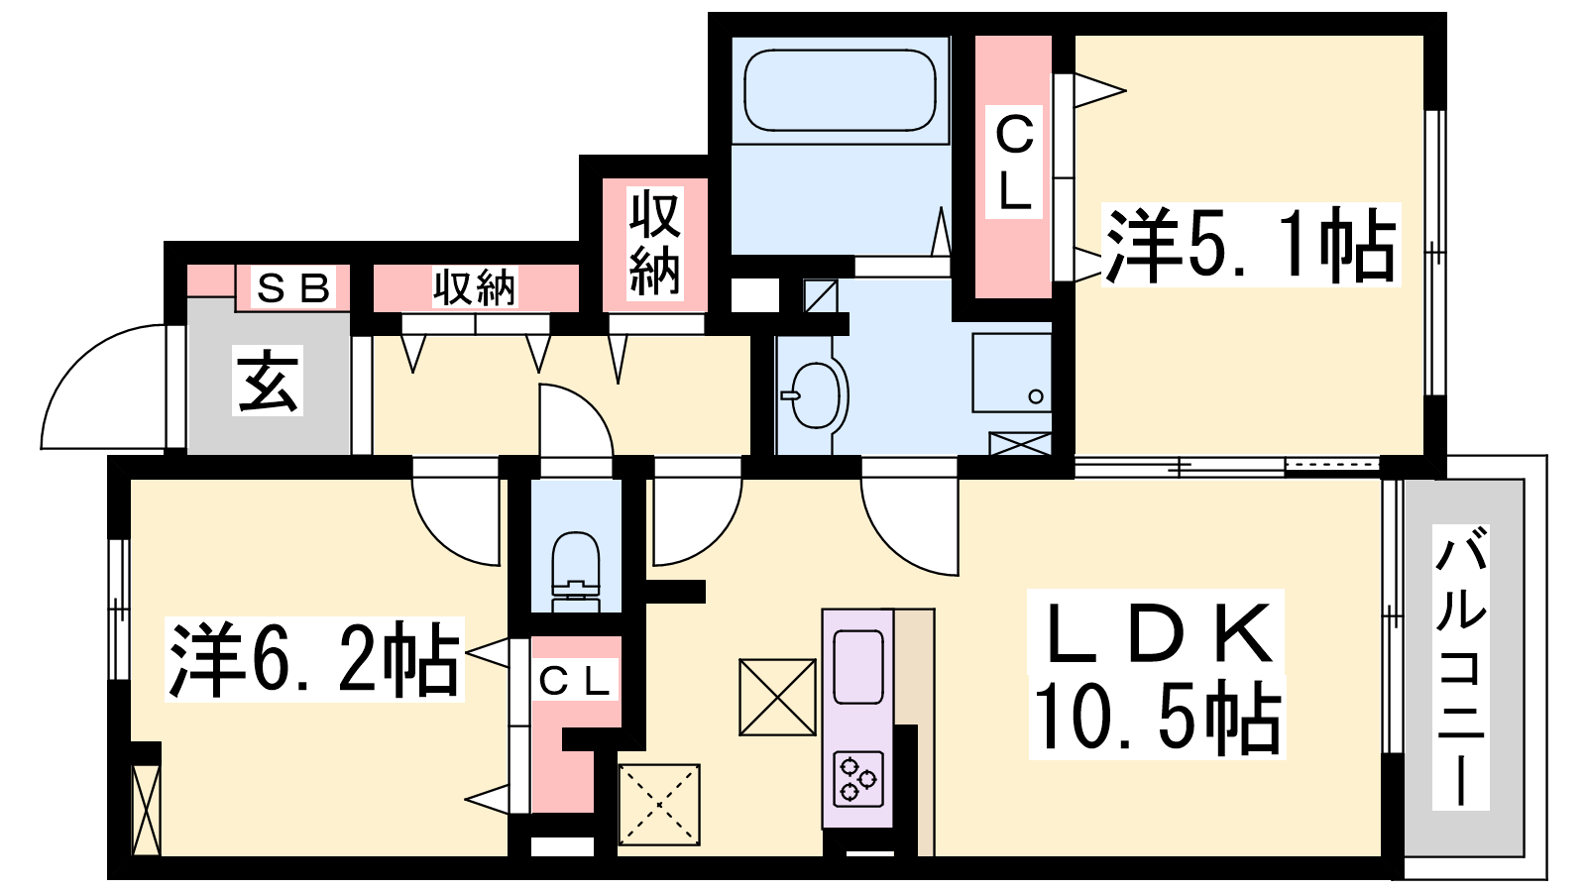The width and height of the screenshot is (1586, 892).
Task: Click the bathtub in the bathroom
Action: click(840, 90)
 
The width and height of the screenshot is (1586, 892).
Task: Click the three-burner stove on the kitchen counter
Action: click(858, 779)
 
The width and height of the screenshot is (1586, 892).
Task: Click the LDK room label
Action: click(1156, 632)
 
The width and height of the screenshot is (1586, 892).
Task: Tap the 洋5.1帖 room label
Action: click(1250, 245)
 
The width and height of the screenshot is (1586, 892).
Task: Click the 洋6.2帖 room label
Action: click(313, 660)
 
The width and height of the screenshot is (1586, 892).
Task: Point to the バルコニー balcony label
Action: click(1460, 667)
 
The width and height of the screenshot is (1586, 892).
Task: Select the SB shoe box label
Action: click(293, 288)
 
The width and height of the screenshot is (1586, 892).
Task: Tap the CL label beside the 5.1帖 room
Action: click(1014, 164)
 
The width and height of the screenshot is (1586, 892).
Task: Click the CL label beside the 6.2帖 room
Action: click(574, 681)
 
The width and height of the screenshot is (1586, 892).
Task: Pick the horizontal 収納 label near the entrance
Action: click(475, 287)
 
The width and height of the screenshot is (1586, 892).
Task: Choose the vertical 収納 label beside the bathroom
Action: click(655, 243)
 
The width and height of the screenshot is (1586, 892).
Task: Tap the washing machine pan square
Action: click(1011, 373)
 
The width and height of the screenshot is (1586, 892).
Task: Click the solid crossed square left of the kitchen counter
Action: click(777, 697)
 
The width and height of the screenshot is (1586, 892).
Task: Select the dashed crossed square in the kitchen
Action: click(659, 804)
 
